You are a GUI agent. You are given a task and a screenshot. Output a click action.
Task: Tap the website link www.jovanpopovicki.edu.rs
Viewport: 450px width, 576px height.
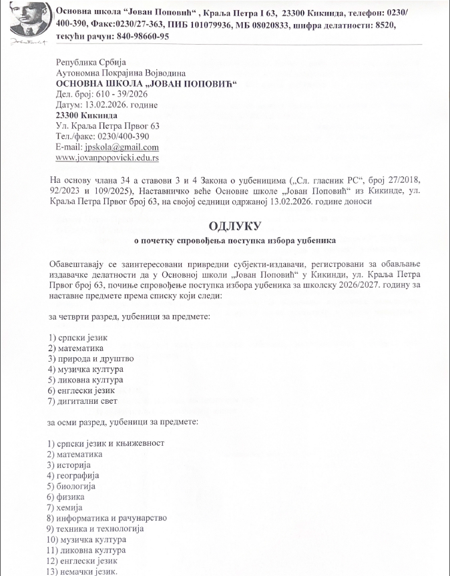click(107, 158)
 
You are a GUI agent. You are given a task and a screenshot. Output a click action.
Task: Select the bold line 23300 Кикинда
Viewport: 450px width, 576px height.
click(83, 115)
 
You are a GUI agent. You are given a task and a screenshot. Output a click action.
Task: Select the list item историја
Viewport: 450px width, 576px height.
click(77, 464)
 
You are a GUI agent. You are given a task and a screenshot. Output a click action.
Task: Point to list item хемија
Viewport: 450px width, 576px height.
click(74, 507)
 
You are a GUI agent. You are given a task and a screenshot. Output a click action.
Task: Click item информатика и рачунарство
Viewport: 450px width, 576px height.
click(113, 517)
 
